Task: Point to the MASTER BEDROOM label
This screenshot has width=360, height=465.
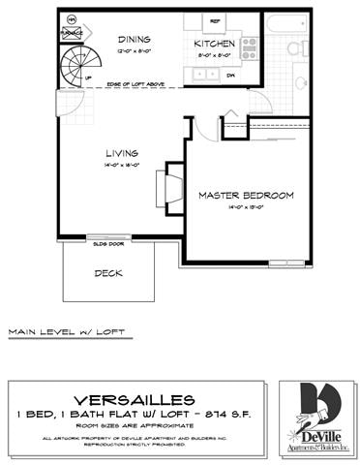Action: tap(246, 195)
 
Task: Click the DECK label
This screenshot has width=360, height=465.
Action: tap(107, 272)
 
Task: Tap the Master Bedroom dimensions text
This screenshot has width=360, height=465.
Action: tap(246, 207)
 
